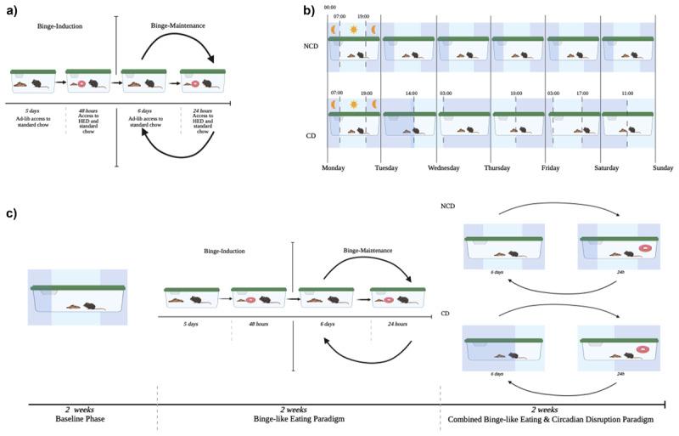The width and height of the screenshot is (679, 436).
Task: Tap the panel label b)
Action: tap(309, 11)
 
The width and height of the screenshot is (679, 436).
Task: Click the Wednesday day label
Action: tap(443, 168)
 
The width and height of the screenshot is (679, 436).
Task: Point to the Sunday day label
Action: tap(663, 168)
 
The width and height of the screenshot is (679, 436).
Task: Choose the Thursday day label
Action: tap(497, 168)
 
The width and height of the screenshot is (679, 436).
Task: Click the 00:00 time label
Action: tap(329, 7)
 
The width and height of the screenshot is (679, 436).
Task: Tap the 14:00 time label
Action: tap(411, 93)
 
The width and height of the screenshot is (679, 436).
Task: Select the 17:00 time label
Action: tap(581, 93)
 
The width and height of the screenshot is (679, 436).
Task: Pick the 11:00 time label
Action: tap(627, 93)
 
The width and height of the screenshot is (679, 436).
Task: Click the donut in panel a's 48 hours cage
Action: tap(82, 84)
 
